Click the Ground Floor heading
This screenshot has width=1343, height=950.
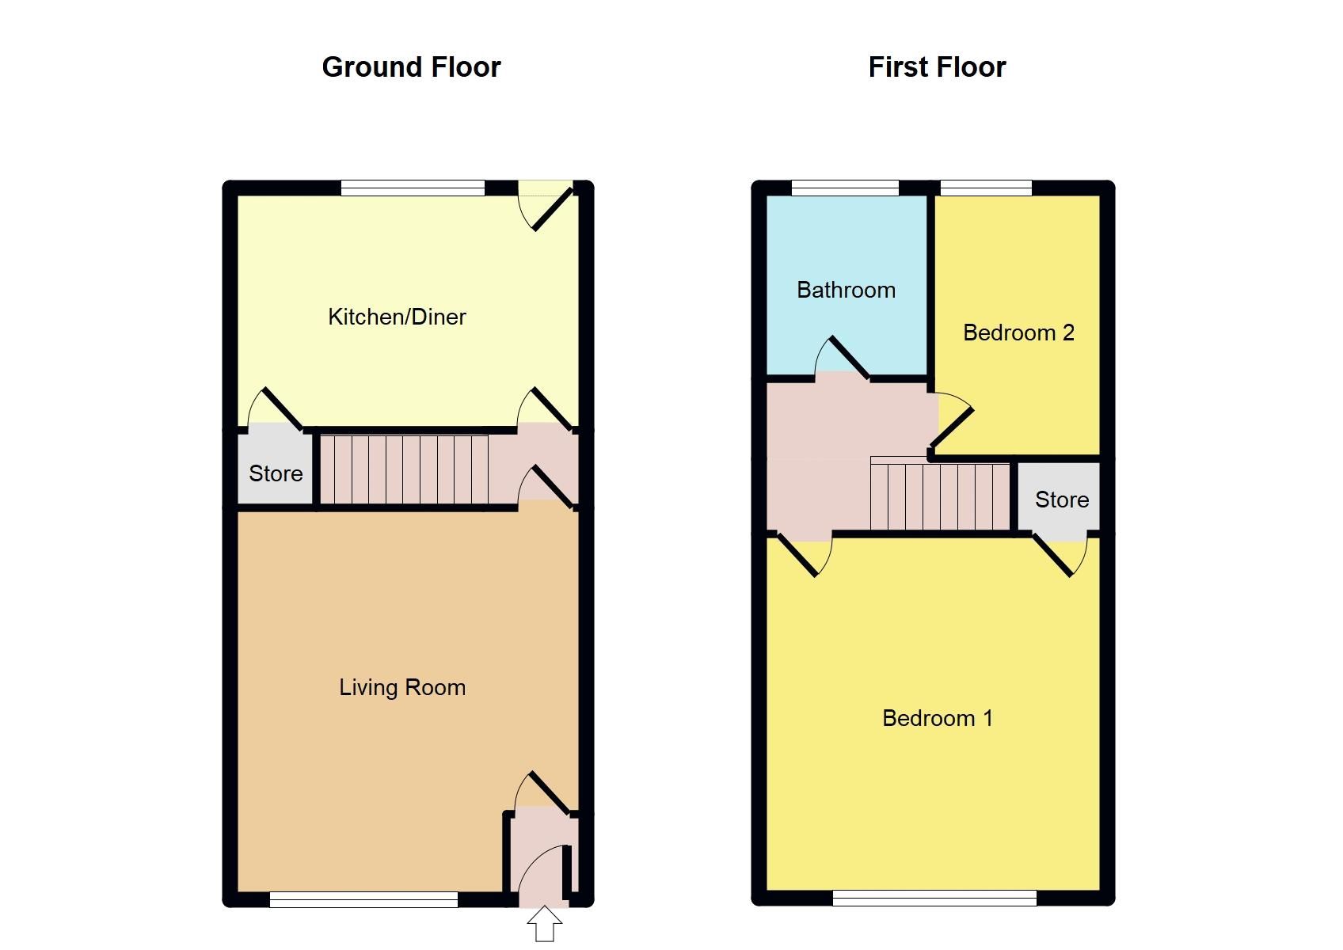(x=411, y=67)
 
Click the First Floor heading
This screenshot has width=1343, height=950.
(x=937, y=67)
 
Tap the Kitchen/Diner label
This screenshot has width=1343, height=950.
(x=397, y=317)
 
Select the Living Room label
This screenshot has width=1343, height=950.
(x=402, y=687)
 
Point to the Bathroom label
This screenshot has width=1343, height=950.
(x=846, y=290)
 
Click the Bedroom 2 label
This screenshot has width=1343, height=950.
(x=1018, y=332)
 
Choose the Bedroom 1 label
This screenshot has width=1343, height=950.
(x=937, y=718)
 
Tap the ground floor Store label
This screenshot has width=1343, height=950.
(x=276, y=473)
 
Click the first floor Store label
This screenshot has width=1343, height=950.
(x=1062, y=500)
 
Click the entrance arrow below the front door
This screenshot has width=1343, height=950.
(x=545, y=925)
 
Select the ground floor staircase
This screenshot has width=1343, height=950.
(x=403, y=469)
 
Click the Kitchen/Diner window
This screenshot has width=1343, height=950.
(x=413, y=188)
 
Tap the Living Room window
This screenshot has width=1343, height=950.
(x=363, y=899)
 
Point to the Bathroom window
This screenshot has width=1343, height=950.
(x=845, y=188)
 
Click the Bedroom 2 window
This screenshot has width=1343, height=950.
(x=986, y=188)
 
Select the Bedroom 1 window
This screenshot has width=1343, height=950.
(x=934, y=898)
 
